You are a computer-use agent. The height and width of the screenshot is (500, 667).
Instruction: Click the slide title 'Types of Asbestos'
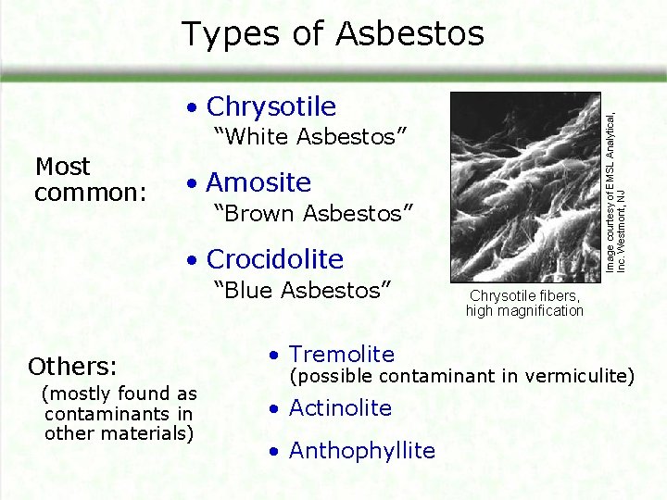[x=333, y=34]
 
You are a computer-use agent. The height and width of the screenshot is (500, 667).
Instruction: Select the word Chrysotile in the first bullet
[x=271, y=106]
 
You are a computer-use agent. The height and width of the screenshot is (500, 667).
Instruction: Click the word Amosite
[x=258, y=182]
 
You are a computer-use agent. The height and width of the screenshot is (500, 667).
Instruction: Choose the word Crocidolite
[x=274, y=259]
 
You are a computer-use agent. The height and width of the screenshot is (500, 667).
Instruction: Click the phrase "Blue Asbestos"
[x=303, y=290]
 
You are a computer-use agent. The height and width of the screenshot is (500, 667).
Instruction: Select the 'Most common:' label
[x=90, y=180]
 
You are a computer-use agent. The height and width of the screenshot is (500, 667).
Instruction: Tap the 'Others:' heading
[x=72, y=364]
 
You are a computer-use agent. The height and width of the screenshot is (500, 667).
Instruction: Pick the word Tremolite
[x=341, y=354]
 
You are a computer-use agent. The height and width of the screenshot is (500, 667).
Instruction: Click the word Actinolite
[x=340, y=407]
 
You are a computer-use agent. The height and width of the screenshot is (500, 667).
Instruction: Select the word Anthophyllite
[x=361, y=451]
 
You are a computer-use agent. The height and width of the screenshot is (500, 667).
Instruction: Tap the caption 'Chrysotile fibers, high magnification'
[x=524, y=303]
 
